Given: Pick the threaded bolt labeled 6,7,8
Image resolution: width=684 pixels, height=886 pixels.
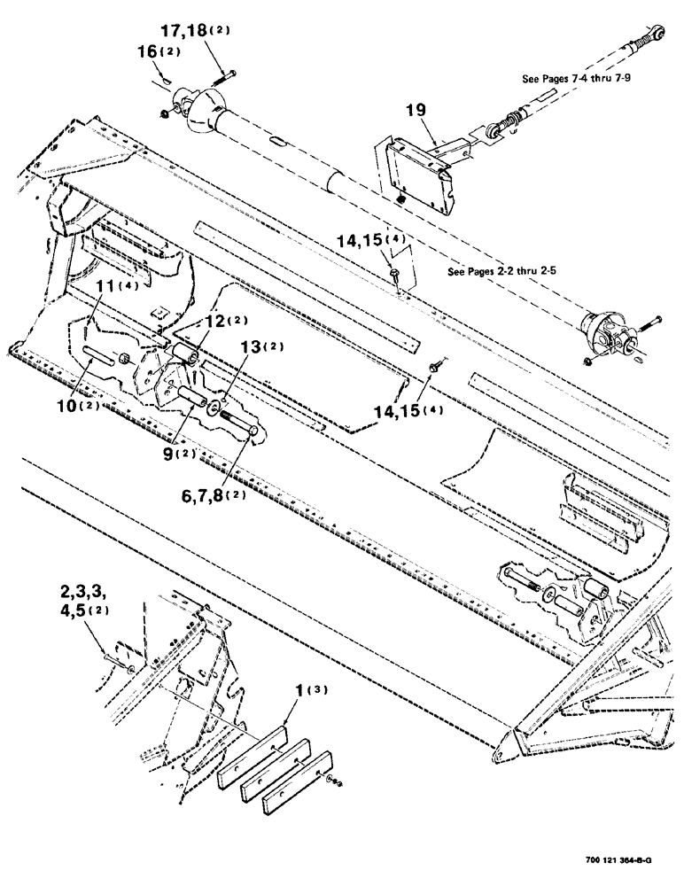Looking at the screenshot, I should [240, 421].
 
